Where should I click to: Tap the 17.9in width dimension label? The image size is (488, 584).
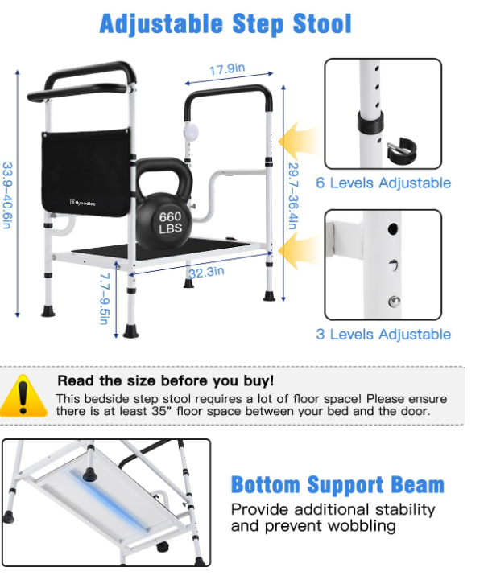tap(227, 69)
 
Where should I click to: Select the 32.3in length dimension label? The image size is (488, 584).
tap(206, 273)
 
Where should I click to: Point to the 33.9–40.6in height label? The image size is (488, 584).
tap(7, 195)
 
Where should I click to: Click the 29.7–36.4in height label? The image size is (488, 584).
tap(293, 196)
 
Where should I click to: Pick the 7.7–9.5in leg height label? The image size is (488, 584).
tap(105, 299)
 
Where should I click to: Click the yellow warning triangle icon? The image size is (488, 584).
tap(23, 396)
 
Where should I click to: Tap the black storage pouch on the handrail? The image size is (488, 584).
tap(86, 172)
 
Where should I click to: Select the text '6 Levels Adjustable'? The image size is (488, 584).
tap(383, 183)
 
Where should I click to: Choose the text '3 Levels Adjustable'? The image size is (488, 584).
tap(383, 334)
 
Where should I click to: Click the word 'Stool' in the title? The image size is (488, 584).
tap(322, 23)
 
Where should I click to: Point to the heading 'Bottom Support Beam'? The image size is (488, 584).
tap(337, 485)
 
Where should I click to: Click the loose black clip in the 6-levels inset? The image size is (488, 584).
tap(401, 150)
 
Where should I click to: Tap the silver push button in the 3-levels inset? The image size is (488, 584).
tap(394, 302)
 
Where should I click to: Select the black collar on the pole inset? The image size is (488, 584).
tap(370, 121)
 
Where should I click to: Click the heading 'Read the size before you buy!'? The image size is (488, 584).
tap(166, 380)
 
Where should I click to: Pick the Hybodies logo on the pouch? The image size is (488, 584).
tap(82, 203)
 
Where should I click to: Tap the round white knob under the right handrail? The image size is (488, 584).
tap(190, 132)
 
